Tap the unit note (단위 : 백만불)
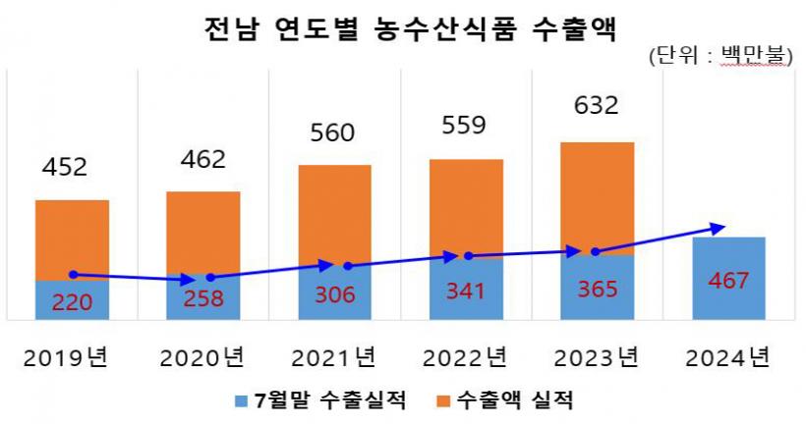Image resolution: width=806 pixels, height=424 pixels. pyautogui.click(x=720, y=56)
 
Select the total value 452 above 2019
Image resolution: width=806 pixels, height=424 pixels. pyautogui.click(x=65, y=167)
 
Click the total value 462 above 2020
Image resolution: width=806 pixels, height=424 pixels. pyautogui.click(x=202, y=159)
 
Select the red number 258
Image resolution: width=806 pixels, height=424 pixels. pyautogui.click(x=202, y=298)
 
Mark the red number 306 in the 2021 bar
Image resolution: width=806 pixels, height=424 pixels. pyautogui.click(x=334, y=294)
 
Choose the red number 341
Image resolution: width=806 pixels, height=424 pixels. pyautogui.click(x=465, y=292)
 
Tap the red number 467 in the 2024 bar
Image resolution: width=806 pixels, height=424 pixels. pyautogui.click(x=728, y=282)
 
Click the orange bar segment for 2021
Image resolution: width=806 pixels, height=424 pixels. pyautogui.click(x=334, y=211)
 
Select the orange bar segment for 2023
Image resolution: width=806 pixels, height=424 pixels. pyautogui.click(x=597, y=191)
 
